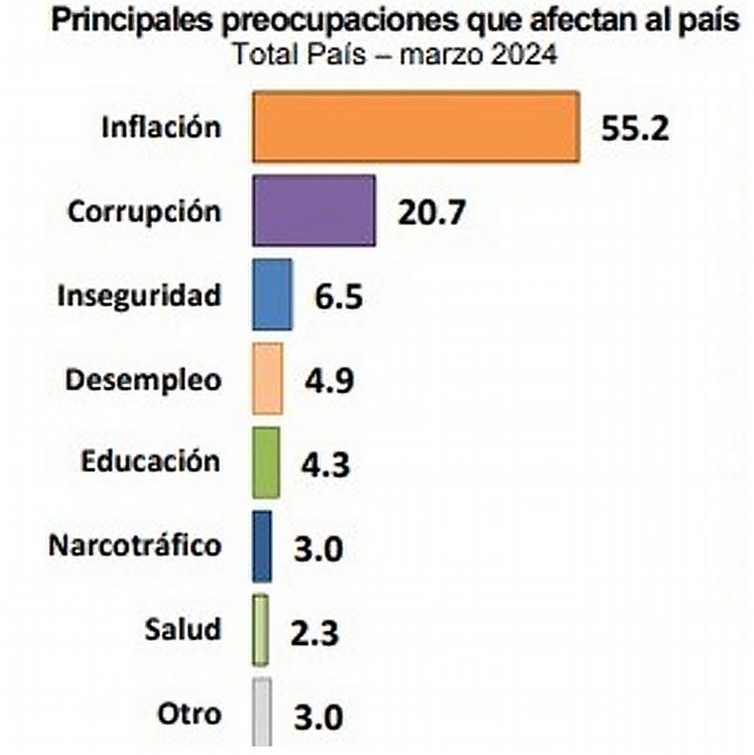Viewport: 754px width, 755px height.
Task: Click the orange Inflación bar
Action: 416,127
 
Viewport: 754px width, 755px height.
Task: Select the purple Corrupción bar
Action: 314,210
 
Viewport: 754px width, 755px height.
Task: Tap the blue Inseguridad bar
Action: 273,295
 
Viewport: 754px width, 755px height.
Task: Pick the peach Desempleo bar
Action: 268,379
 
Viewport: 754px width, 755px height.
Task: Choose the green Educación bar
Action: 266,462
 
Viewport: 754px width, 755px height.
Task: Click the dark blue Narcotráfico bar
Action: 262,547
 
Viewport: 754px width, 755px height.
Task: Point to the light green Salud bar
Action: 260,630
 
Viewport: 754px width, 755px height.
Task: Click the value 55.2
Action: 636,129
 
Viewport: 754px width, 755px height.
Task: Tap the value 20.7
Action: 432,212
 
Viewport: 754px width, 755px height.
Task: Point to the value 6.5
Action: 336,297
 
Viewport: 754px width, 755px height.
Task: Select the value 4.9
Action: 327,381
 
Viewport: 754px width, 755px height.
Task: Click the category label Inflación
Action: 161,127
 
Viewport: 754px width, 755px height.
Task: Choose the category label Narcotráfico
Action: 135,546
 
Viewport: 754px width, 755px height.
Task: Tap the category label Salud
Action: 183,630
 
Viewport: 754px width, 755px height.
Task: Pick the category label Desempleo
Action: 143,380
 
